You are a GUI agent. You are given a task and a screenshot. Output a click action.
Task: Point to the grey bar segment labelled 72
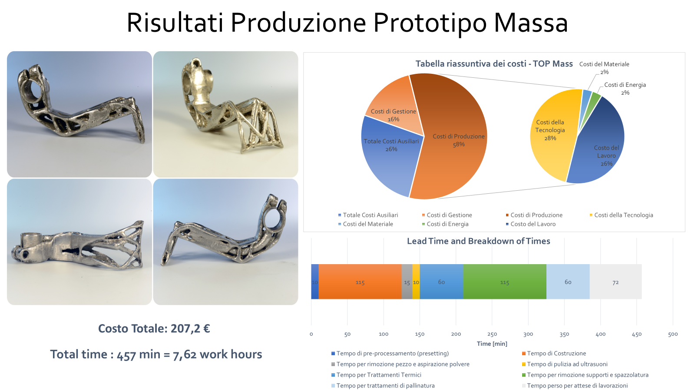[x=616, y=282]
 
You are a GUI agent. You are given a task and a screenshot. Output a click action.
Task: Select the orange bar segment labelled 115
[x=360, y=282]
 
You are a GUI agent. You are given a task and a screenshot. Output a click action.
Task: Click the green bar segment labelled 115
[x=505, y=282]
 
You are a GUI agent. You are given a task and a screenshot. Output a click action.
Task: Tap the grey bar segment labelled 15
[x=407, y=282]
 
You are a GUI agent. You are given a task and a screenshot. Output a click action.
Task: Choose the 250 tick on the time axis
[x=492, y=334]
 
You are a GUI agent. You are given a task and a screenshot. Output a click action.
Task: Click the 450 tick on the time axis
[x=637, y=334]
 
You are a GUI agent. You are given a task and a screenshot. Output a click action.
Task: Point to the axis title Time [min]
[x=492, y=344]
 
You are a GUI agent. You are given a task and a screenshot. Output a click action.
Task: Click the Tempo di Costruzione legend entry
[x=554, y=353]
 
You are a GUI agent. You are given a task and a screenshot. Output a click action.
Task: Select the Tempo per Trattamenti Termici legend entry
[x=376, y=374]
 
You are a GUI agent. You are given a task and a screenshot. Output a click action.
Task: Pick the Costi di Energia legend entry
[x=445, y=224]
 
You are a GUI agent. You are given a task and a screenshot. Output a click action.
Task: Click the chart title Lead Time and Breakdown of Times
[x=478, y=241]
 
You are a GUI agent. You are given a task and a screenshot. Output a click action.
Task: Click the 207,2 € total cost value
[x=190, y=328]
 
